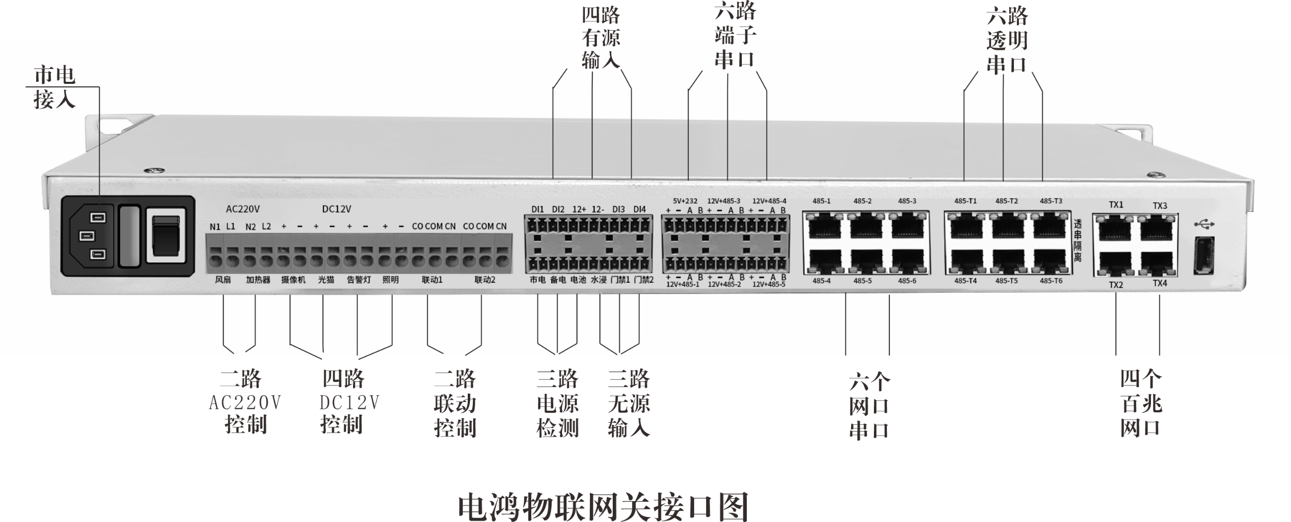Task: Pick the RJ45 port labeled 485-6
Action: click(908, 261)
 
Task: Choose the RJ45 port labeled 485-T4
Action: click(966, 261)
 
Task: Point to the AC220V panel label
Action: click(243, 209)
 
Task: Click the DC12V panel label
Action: click(336, 209)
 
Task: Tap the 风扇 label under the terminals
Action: click(223, 279)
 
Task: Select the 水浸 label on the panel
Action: click(599, 279)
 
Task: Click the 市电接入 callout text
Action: click(55, 88)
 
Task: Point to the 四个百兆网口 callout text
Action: click(1141, 404)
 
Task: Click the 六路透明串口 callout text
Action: click(1007, 40)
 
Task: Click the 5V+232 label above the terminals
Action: click(685, 201)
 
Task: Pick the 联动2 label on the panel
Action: click(485, 279)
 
